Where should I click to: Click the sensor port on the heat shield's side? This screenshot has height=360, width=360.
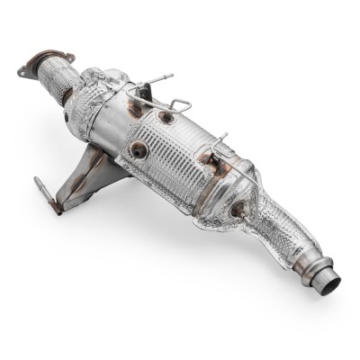[138, 151]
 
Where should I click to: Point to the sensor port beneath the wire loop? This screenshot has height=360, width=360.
[166, 117]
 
